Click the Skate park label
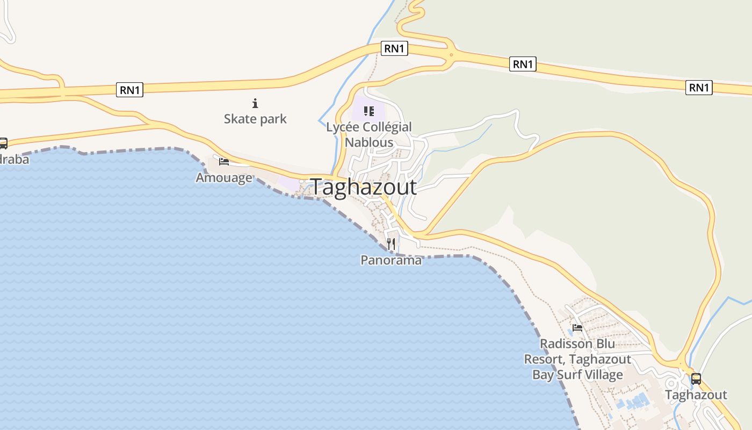(255, 119)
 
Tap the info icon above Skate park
(255, 103)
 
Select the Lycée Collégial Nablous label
(369, 134)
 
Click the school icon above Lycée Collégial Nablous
(368, 111)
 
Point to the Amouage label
(224, 177)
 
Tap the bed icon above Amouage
(224, 161)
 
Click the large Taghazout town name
(364, 187)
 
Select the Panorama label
(391, 260)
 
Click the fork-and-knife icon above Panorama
(391, 244)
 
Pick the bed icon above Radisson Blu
(577, 327)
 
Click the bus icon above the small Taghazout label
(696, 378)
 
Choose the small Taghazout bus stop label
(696, 395)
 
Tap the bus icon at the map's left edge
(3, 143)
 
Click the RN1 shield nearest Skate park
(130, 90)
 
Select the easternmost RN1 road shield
(699, 88)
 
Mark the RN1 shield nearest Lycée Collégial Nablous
(394, 48)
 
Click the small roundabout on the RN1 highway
(451, 54)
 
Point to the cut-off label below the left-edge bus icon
(14, 159)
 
